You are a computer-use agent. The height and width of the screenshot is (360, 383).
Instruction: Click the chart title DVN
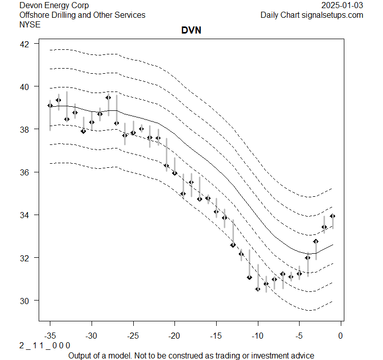(191, 31)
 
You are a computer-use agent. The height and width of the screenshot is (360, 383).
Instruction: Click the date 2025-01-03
(343, 6)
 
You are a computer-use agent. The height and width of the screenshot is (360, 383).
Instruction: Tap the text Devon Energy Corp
(54, 6)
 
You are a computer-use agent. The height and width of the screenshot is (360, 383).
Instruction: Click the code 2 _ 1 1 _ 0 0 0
(45, 345)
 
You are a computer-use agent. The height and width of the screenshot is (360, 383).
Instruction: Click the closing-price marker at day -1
(332, 216)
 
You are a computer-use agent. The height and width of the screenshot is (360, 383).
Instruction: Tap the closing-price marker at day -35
(50, 105)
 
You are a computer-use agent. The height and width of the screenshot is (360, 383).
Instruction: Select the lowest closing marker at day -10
(257, 289)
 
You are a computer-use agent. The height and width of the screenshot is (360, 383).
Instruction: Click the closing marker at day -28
(108, 98)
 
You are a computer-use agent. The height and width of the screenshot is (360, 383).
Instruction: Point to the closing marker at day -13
(232, 245)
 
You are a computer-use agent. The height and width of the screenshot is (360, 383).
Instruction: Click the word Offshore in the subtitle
(35, 15)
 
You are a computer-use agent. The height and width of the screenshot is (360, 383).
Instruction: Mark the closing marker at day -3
(315, 241)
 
